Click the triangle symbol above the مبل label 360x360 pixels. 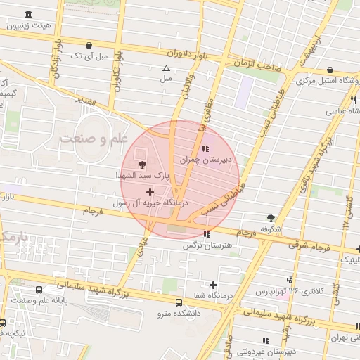pyautogui.click(x=166, y=69)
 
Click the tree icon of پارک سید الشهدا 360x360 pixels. pyautogui.click(x=143, y=164)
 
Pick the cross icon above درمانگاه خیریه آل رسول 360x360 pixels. pyautogui.click(x=149, y=191)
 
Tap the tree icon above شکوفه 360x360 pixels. pyautogui.click(x=271, y=218)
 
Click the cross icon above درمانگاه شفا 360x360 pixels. pyautogui.click(x=213, y=284)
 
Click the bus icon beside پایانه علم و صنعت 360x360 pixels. pyautogui.click(x=37, y=290)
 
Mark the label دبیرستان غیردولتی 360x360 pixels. pyautogui.click(x=269, y=350)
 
